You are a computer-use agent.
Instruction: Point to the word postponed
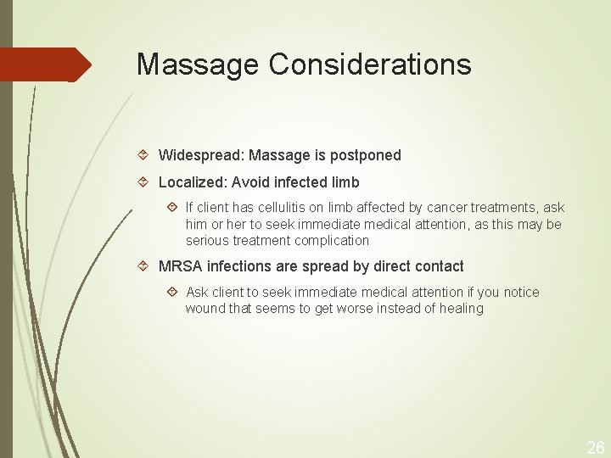[x=367, y=156]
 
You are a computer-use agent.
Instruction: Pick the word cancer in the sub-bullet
[x=446, y=208]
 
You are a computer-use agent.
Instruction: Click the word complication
[x=332, y=240]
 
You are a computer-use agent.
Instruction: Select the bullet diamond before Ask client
[x=173, y=292]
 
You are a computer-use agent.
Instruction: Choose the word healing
[x=461, y=309]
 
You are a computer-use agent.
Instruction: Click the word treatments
[x=504, y=208]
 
